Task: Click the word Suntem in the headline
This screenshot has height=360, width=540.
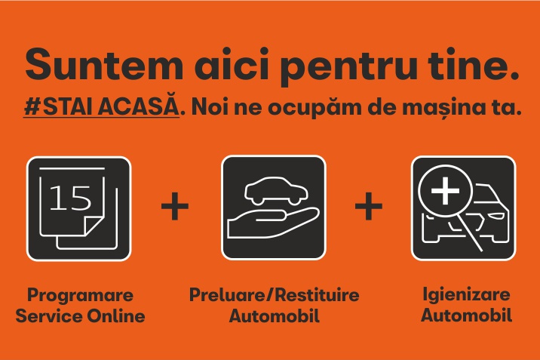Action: (103, 64)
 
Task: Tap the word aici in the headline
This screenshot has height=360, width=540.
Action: (232, 63)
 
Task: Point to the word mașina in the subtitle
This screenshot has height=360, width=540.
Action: (446, 108)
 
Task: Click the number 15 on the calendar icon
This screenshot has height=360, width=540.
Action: (70, 198)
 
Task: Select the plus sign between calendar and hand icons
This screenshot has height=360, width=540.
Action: (175, 206)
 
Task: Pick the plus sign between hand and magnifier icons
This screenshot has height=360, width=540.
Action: (369, 206)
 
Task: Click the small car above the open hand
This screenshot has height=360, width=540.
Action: (276, 191)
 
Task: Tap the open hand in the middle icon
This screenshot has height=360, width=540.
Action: (273, 223)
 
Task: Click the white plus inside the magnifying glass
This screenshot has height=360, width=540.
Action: (445, 190)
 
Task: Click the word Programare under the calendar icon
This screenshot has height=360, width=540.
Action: (80, 296)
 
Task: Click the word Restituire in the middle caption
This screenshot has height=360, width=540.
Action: (317, 295)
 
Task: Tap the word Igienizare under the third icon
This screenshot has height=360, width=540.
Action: (466, 295)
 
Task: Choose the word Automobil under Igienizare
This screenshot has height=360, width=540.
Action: (466, 315)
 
